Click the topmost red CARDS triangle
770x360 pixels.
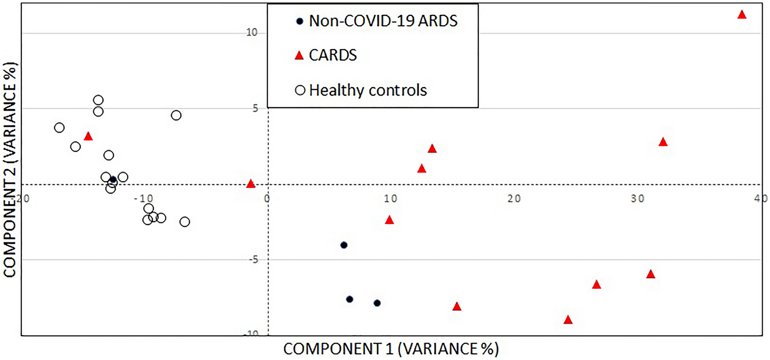(x=742, y=15)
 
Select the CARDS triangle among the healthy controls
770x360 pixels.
(x=88, y=137)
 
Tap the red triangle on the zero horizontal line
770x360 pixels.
(x=251, y=184)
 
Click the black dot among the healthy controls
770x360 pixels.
(x=113, y=180)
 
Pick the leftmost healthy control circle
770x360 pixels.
(x=59, y=128)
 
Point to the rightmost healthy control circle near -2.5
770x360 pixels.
(x=185, y=222)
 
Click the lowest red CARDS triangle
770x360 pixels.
(x=568, y=320)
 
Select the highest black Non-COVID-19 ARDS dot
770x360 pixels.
(x=344, y=245)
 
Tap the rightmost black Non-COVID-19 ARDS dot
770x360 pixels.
(x=377, y=303)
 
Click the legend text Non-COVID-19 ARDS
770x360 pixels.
(x=383, y=21)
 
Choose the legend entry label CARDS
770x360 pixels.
(x=333, y=55)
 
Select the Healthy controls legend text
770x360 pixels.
(x=368, y=90)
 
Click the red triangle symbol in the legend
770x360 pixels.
(x=299, y=56)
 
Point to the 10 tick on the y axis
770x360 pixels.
(x=252, y=32)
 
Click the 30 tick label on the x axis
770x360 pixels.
(x=637, y=199)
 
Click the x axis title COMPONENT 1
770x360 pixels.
(x=391, y=349)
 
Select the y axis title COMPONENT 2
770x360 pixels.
(x=10, y=170)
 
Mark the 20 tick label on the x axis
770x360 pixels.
(x=514, y=199)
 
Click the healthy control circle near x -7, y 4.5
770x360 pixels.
(x=176, y=115)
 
